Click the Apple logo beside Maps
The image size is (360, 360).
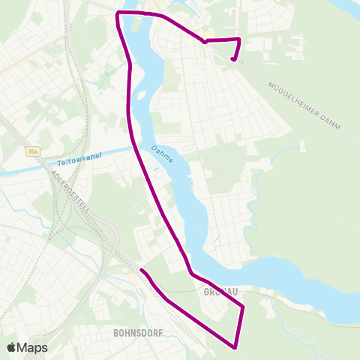pos(12,347)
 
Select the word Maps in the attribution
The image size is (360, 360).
pos(33,347)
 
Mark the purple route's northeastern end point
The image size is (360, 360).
pos(233,59)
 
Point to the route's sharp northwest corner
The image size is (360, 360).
pos(118,13)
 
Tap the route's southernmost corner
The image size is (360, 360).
pos(236,346)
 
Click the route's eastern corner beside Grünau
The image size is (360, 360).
pos(243,307)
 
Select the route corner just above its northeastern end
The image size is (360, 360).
pos(238,39)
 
